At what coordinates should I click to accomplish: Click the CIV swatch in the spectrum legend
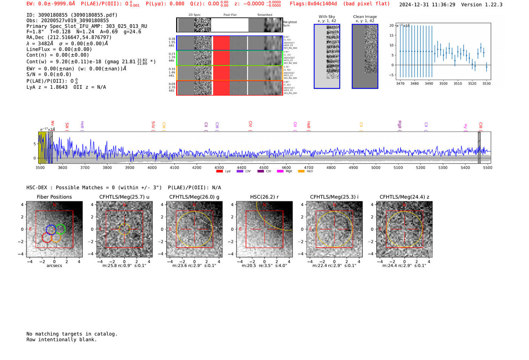tap(240, 172)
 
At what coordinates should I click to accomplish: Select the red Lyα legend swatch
tap(220, 172)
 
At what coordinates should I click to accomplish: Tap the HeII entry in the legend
tap(301, 172)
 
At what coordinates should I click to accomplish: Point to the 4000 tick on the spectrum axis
tap(152, 167)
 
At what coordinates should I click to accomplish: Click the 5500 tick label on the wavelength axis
tap(487, 167)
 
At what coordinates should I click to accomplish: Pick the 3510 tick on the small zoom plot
tap(458, 83)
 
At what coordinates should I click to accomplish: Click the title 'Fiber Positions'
tap(54, 197)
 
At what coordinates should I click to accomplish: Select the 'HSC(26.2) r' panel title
tap(264, 197)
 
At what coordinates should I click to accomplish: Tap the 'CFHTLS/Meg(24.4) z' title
tap(404, 197)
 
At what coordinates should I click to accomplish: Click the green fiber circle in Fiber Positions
tap(60, 229)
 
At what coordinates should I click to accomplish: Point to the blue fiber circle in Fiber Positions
tap(51, 230)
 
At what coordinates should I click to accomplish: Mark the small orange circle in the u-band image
tap(124, 229)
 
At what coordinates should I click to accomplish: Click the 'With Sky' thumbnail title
tap(327, 17)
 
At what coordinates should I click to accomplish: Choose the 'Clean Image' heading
tap(365, 17)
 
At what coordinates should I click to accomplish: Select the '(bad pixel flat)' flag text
tap(366, 4)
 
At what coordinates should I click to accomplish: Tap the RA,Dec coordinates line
tap(69, 37)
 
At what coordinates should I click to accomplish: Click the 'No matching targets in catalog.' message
tap(72, 334)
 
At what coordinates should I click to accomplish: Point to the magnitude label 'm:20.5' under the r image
tap(248, 266)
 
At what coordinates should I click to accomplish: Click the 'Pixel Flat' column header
tap(230, 15)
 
